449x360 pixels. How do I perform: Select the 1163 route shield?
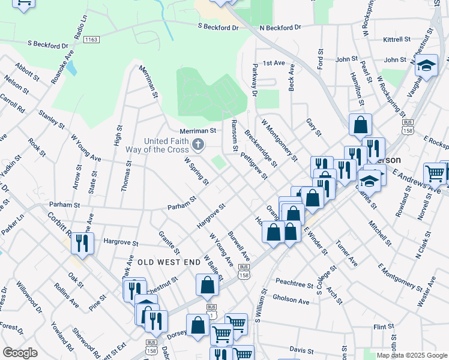pyautogui.click(x=91, y=40)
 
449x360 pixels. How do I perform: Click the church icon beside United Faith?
pyautogui.click(x=198, y=144)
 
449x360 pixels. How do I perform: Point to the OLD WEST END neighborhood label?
pyautogui.click(x=168, y=263)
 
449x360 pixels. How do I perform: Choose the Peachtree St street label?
pyautogui.click(x=295, y=281)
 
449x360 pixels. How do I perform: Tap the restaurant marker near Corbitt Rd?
pyautogui.click(x=82, y=243)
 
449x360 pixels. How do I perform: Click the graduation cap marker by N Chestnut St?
pyautogui.click(x=426, y=65)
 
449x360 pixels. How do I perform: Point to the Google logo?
pyautogui.click(x=20, y=353)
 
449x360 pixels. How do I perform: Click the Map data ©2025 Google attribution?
pyautogui.click(x=411, y=355)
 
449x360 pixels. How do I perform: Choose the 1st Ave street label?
pyautogui.click(x=273, y=63)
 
